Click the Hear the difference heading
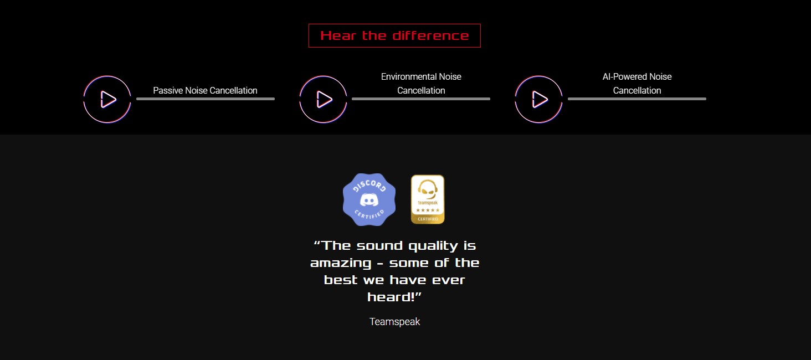click(x=394, y=35)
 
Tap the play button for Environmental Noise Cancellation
click(x=323, y=99)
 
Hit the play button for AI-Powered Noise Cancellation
click(x=538, y=99)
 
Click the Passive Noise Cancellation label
click(x=205, y=90)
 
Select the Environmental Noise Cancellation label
click(x=421, y=84)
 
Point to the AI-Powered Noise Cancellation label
click(x=637, y=84)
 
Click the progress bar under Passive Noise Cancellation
click(x=206, y=99)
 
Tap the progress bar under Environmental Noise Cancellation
click(x=420, y=99)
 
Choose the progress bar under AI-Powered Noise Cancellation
click(x=637, y=99)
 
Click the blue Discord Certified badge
click(x=369, y=199)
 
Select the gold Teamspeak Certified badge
click(x=428, y=199)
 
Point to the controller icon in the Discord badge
click(x=369, y=200)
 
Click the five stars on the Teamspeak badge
click(x=428, y=210)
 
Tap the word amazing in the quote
click(x=341, y=264)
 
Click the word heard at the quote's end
click(x=391, y=297)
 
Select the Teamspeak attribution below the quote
click(x=394, y=322)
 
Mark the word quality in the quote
click(x=433, y=246)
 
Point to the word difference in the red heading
click(x=430, y=35)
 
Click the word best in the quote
click(x=340, y=280)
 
